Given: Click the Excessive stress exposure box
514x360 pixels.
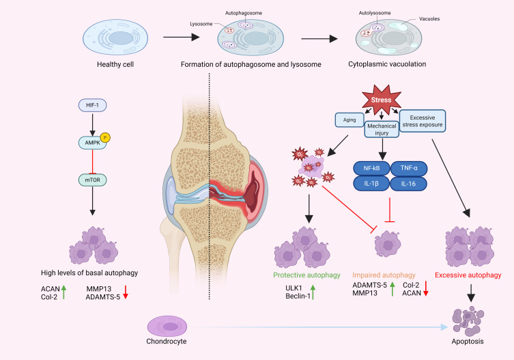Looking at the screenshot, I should pos(422,122).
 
